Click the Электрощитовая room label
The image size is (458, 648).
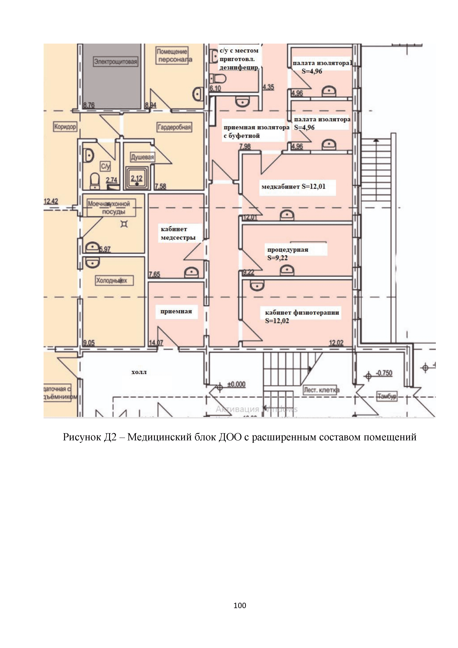pos(116,62)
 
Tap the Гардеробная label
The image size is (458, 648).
pos(174,127)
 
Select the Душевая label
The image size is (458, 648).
pos(142,157)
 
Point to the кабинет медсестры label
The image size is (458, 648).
pos(178,233)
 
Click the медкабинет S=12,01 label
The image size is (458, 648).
pos(293,187)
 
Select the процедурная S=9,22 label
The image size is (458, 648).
pos(288,253)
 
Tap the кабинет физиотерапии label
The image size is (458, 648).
pos(302,313)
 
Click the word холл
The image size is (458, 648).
pos(139,372)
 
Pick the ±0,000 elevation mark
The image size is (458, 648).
pos(236,384)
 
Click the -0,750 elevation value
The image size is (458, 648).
pos(384,373)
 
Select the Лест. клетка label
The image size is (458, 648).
pos(321,390)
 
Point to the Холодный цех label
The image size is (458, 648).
pos(112,281)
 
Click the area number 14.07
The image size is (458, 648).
pos(156,343)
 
